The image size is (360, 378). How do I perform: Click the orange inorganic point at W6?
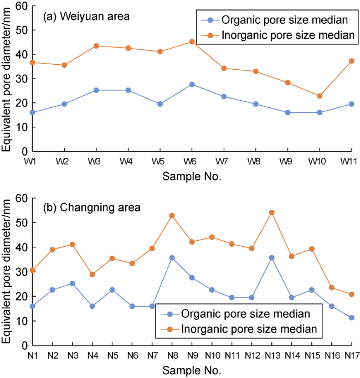tap(192, 42)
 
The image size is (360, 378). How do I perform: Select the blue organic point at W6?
tap(192, 84)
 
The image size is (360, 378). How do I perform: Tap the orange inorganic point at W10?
tap(320, 96)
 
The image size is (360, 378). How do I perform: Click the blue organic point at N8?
tap(172, 258)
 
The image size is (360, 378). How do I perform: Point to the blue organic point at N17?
tap(352, 318)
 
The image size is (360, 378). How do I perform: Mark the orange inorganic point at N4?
tap(92, 275)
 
